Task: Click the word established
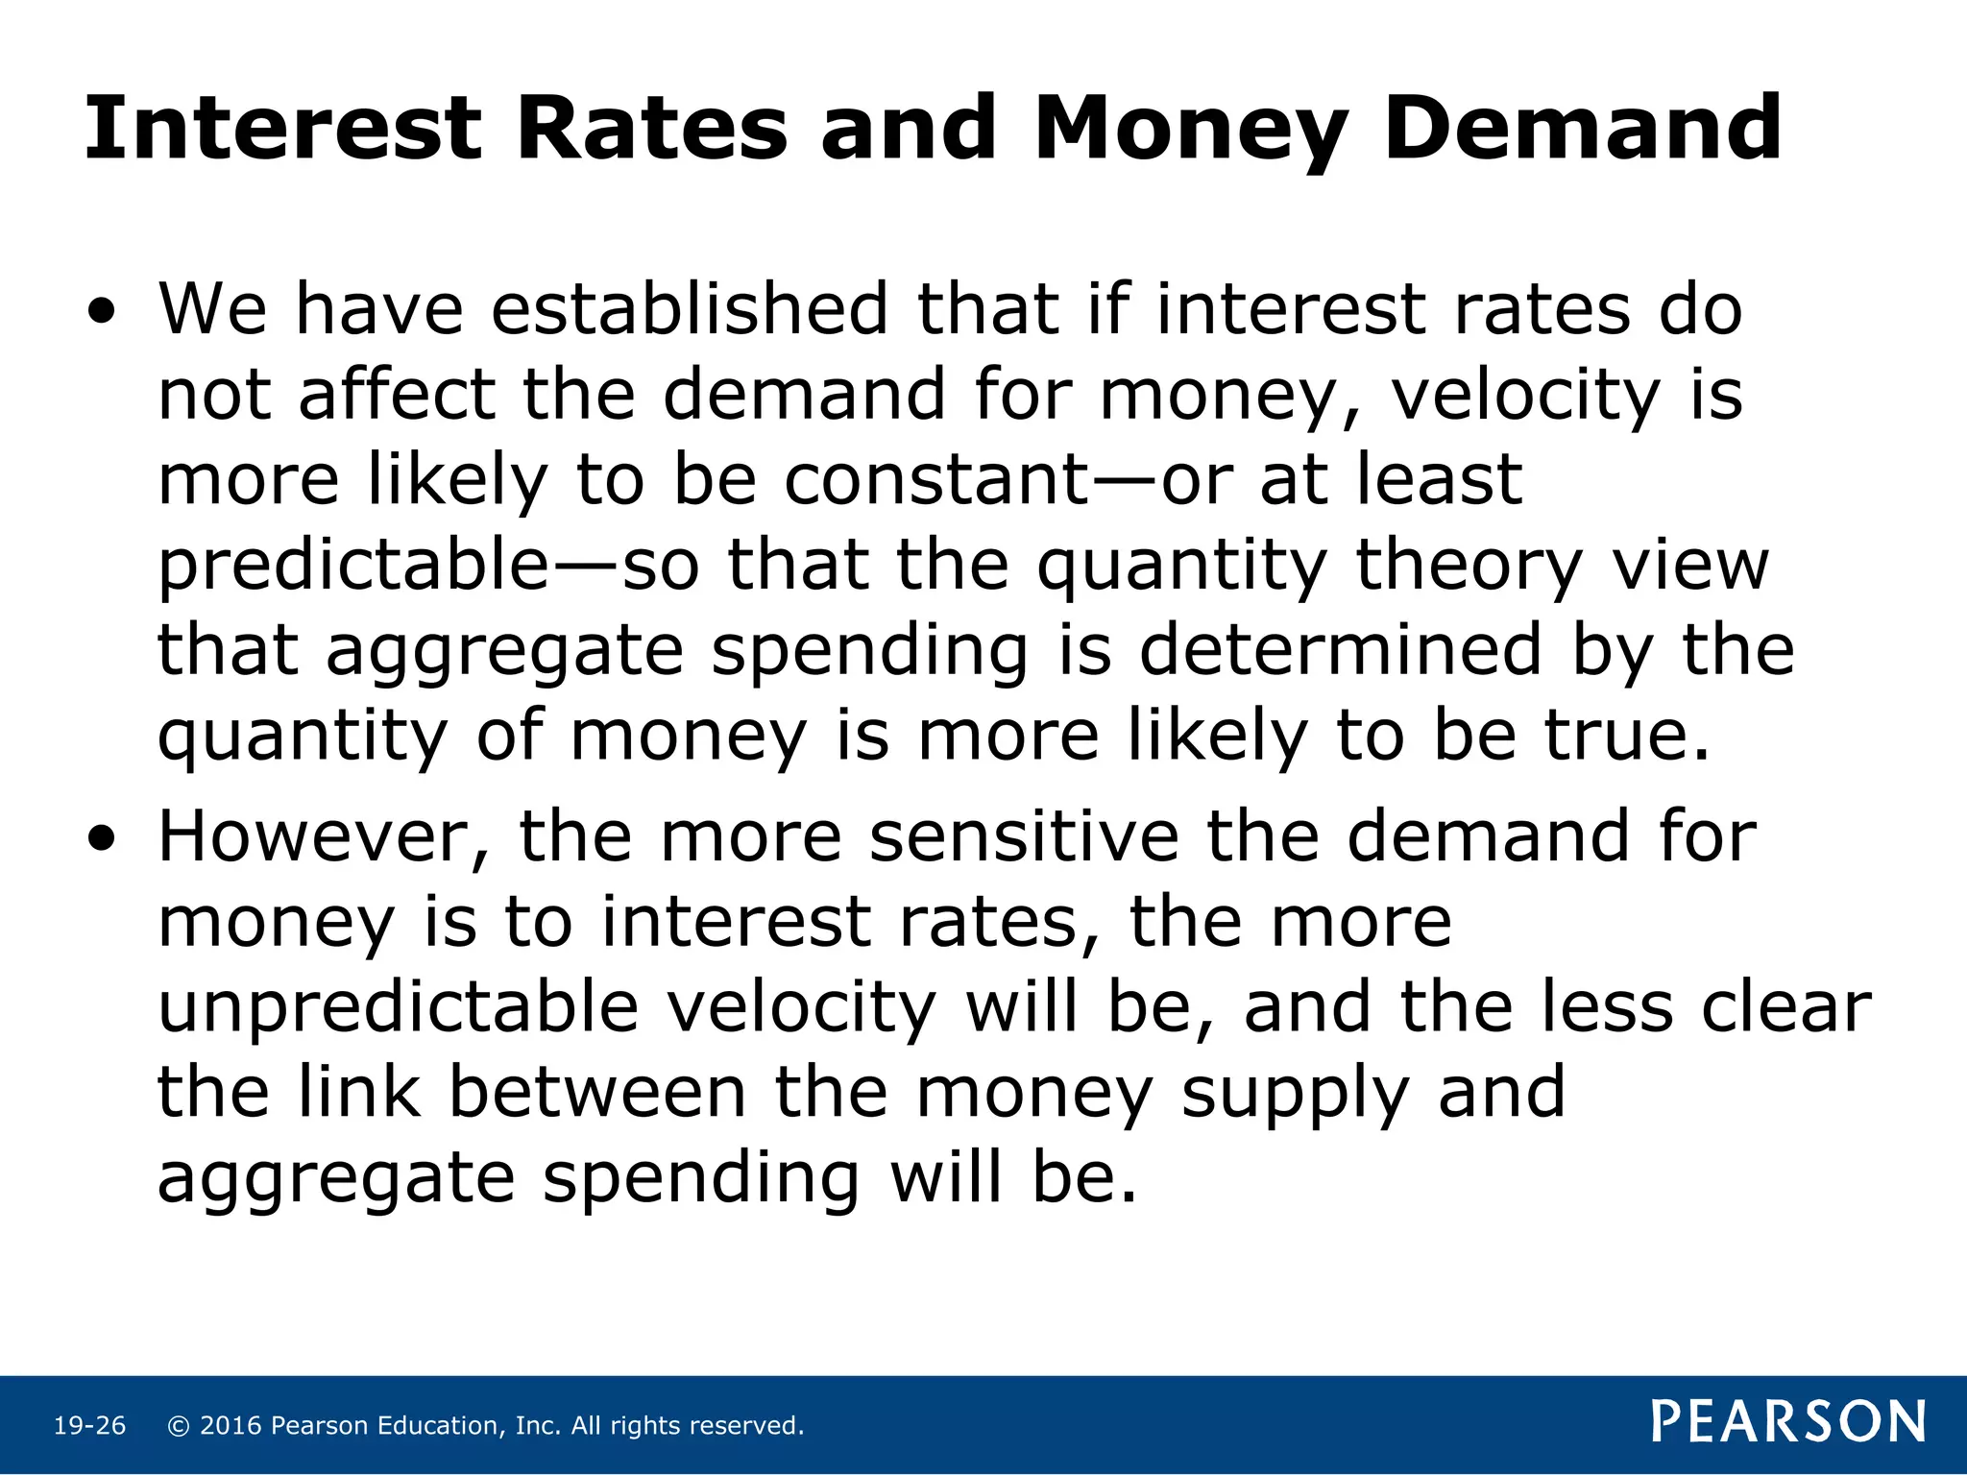pos(689,309)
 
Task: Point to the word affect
pos(396,395)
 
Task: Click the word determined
pos(1341,650)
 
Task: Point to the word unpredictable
pos(398,1007)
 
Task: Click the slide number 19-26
pos(89,1426)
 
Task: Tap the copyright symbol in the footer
pos(178,1426)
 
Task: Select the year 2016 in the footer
pos(231,1426)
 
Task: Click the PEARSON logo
pos(1787,1422)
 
